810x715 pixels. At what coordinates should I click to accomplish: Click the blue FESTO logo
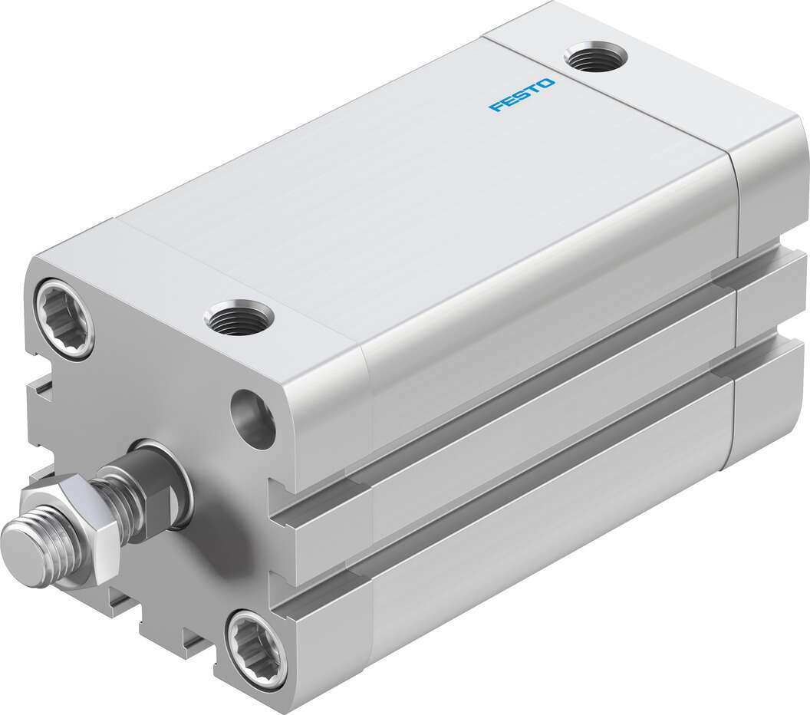point(521,94)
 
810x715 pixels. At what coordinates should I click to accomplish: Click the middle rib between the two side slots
point(537,453)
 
